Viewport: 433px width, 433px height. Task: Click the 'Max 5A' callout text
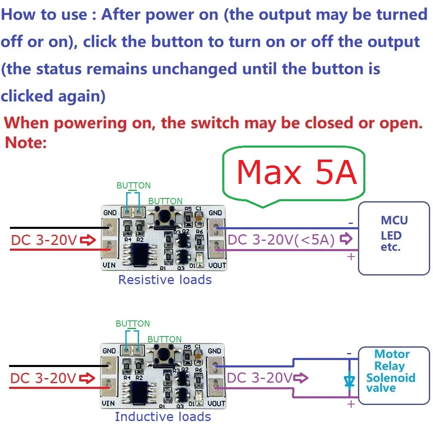pyautogui.click(x=296, y=172)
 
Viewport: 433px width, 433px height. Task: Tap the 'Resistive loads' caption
pyautogui.click(x=165, y=280)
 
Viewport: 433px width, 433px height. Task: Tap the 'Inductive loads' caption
pyautogui.click(x=163, y=417)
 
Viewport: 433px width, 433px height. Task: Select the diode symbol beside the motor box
pyautogui.click(x=350, y=379)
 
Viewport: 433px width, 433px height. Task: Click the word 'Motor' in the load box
pyautogui.click(x=392, y=354)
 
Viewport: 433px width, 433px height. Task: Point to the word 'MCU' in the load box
pyautogui.click(x=394, y=220)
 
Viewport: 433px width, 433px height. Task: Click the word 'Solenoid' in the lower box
pyautogui.click(x=391, y=378)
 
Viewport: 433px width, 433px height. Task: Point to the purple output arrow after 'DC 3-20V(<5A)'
pyautogui.click(x=347, y=239)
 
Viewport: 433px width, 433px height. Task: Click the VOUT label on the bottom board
pyautogui.click(x=216, y=403)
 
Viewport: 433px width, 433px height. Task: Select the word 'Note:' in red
pyautogui.click(x=26, y=143)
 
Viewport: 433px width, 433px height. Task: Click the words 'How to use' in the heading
pyautogui.click(x=44, y=15)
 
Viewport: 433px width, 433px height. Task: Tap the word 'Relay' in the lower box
pyautogui.click(x=389, y=366)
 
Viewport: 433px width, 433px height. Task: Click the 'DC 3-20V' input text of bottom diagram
pyautogui.click(x=43, y=378)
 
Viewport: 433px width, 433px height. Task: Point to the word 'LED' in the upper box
pyautogui.click(x=391, y=236)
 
